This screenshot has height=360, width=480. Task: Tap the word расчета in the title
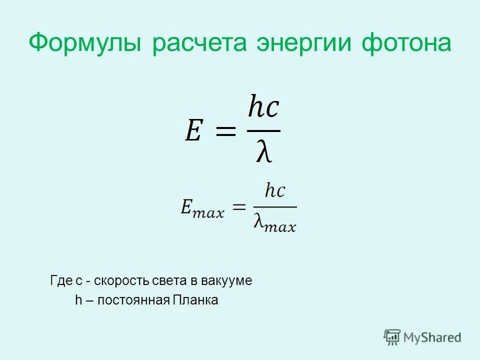[199, 44]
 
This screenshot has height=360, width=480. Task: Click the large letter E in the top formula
[193, 131]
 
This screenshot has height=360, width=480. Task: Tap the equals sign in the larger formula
[225, 132]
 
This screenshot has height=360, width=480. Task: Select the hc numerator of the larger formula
[263, 108]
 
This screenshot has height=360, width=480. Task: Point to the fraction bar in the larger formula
[263, 131]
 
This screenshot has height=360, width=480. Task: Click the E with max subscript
[202, 207]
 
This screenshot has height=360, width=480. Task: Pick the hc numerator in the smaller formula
[275, 190]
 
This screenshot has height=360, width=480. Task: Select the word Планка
[195, 300]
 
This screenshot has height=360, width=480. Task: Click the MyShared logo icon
[392, 337]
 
